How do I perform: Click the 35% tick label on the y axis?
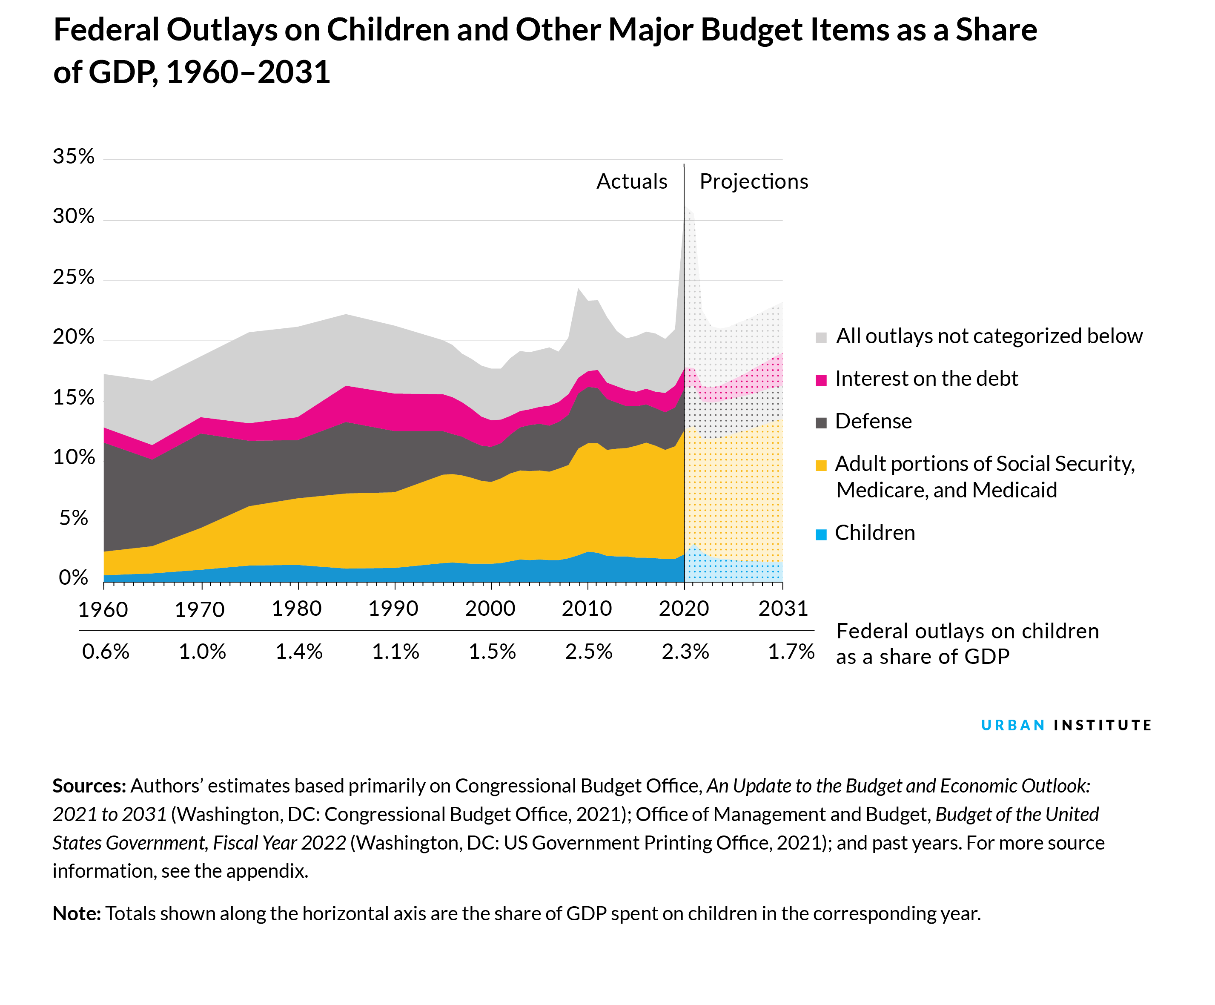[x=74, y=157]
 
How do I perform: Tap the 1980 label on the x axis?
[x=296, y=608]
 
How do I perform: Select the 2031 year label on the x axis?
[x=783, y=608]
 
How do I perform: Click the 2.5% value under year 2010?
[x=588, y=652]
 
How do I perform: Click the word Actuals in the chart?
[x=632, y=182]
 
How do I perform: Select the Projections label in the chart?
[x=753, y=182]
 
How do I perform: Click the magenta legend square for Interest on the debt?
[x=821, y=380]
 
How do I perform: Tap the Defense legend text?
[x=873, y=421]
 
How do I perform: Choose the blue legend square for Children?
[x=821, y=534]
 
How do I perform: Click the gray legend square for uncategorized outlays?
[x=821, y=337]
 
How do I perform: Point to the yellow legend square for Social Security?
[x=821, y=465]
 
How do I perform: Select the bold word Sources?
[x=89, y=786]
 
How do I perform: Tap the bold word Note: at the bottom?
[x=76, y=913]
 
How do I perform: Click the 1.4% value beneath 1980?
[x=298, y=652]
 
